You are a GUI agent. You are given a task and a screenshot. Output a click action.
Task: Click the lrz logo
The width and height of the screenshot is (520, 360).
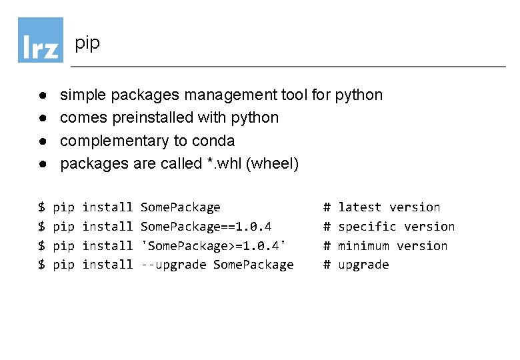pos(40,40)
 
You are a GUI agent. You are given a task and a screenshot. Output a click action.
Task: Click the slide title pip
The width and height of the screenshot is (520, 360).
pos(87,44)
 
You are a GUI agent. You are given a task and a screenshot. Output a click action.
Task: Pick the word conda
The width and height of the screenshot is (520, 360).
pos(213,141)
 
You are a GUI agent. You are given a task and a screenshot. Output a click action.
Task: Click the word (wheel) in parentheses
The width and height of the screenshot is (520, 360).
pos(272,163)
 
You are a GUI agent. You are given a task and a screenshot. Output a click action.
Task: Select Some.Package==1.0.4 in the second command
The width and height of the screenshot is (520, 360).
pos(206,227)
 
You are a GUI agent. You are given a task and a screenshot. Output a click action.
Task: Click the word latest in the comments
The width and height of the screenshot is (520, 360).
pos(360,207)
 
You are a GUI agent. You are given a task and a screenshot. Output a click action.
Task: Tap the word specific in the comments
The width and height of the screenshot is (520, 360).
pos(367,227)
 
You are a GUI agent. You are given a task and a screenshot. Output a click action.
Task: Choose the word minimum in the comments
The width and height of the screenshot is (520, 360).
pos(363,246)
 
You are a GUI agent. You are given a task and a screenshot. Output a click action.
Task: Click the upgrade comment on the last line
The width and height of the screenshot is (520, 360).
pos(363,265)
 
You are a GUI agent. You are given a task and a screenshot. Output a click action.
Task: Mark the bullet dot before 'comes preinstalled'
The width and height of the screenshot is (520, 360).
pos(41,118)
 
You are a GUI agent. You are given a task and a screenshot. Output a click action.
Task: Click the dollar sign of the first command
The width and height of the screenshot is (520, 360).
pos(41,207)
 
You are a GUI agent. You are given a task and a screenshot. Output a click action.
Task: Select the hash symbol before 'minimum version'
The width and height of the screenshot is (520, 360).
pos(327,246)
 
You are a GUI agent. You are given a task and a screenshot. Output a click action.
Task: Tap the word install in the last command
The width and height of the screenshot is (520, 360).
pos(107,265)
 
